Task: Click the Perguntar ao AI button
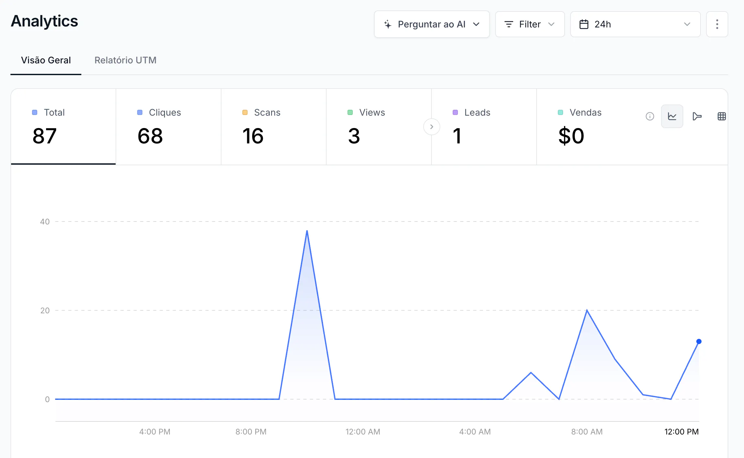coord(431,24)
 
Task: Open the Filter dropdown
coord(530,24)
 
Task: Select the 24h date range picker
coord(635,24)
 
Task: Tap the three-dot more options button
coord(717,24)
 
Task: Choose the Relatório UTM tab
coord(125,60)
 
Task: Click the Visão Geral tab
coord(46,60)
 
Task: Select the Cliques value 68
coord(150,136)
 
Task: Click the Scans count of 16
coord(253,136)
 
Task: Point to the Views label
coord(372,112)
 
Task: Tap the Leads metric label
coord(477,112)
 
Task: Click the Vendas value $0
coord(571,136)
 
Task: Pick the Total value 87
coord(45,136)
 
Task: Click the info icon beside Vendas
coord(650,116)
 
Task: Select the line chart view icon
coord(672,116)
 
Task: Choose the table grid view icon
coord(722,116)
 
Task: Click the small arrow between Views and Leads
coord(432,127)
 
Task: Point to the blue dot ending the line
coord(699,341)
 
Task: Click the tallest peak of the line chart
coord(307,231)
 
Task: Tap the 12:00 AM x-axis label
coord(363,432)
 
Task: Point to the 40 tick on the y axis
coord(45,221)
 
